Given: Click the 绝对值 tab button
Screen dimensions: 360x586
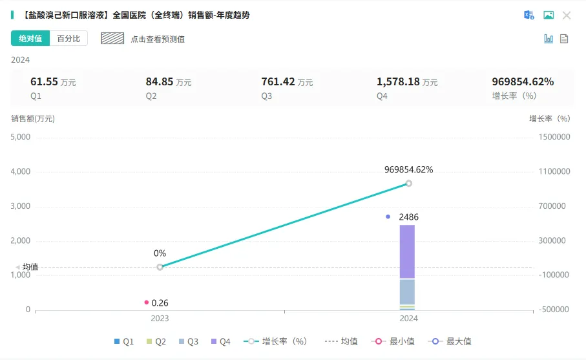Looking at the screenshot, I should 30,39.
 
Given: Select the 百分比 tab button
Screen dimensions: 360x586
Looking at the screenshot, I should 68,39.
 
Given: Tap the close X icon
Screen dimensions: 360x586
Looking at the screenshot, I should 567,16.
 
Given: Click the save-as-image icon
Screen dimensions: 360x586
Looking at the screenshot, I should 549,16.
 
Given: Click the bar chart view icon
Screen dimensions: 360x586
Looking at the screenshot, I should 549,39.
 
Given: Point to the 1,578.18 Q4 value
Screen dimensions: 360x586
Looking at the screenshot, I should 398,82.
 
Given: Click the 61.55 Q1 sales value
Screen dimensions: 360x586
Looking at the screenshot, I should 44,82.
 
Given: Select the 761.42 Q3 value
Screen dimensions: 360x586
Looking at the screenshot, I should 278,82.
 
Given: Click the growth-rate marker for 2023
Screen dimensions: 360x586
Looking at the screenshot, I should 160,267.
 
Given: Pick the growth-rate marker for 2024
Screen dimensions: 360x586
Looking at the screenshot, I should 408,184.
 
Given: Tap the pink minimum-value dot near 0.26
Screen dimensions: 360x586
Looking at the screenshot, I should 147,302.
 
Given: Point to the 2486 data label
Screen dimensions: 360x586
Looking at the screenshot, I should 409,218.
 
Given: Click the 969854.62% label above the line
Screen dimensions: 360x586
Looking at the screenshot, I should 408,170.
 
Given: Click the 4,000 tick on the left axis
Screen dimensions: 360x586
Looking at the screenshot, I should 21,172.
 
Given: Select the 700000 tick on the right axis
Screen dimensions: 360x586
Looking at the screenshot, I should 554,207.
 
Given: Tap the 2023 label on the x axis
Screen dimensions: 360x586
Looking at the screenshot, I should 160,319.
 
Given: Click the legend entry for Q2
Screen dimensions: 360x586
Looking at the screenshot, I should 155,341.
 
